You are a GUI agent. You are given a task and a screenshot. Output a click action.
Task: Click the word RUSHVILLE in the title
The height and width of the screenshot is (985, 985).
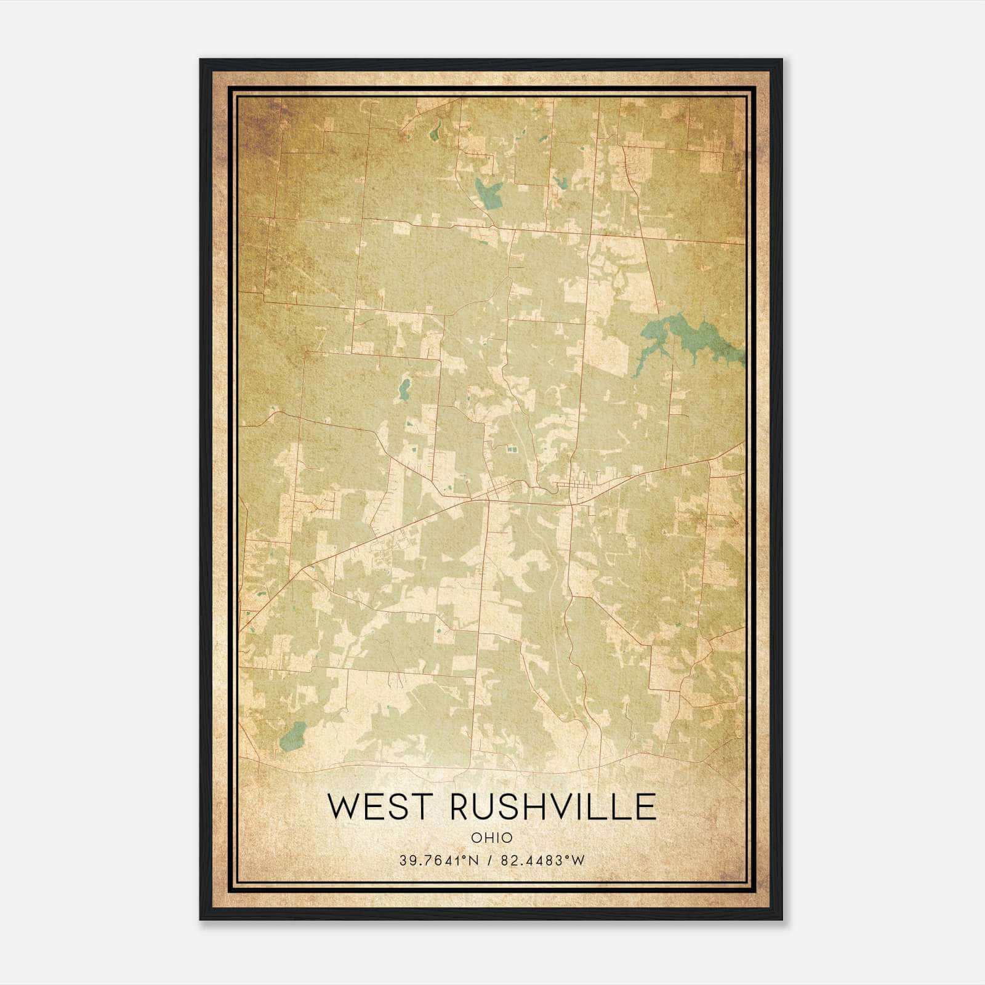coord(553,807)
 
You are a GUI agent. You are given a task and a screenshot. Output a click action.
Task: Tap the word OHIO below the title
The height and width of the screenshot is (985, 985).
coord(491,838)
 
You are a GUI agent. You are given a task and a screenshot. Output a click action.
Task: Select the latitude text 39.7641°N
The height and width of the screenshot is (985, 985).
coord(439,861)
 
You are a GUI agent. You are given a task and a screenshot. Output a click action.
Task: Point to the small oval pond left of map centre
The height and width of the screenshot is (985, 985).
coord(404,388)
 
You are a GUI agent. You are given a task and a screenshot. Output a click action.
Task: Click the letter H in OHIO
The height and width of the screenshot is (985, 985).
coord(486,838)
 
